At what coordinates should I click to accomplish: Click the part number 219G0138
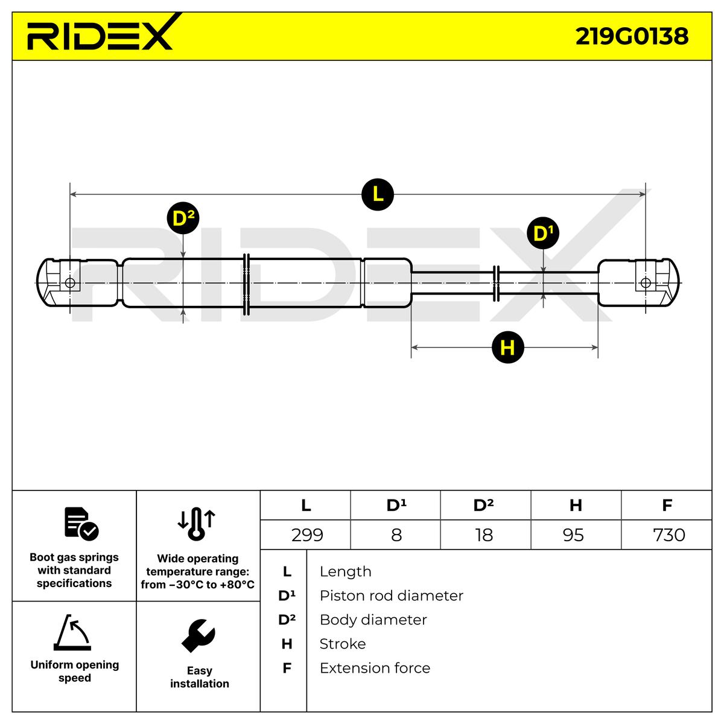[632, 36]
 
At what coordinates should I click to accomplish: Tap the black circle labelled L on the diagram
[377, 194]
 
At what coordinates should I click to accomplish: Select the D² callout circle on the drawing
[183, 218]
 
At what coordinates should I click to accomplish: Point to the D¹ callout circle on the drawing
[543, 233]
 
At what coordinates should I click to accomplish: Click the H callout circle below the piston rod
[507, 347]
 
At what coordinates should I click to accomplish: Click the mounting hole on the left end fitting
[70, 283]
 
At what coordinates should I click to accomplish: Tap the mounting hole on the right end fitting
[646, 283]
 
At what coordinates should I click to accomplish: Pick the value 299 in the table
[307, 535]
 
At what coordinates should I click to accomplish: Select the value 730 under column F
[669, 535]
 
